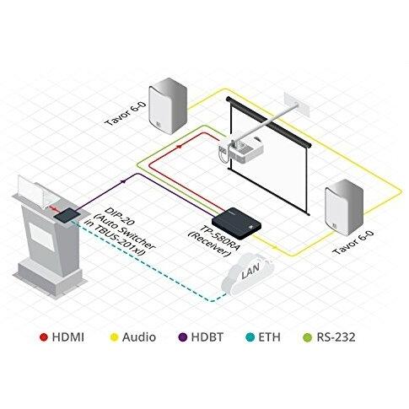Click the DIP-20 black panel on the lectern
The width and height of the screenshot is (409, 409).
[64, 216]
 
